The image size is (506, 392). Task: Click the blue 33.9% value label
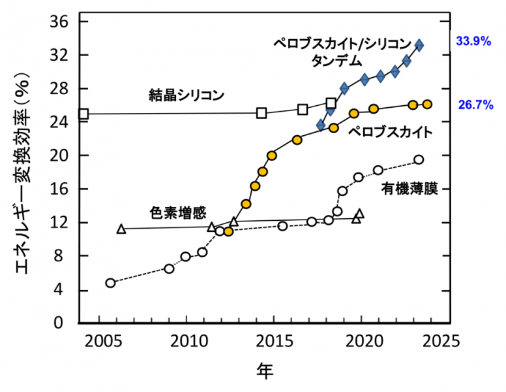(473, 41)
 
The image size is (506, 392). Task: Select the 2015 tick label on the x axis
(275, 342)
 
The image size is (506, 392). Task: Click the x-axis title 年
(264, 372)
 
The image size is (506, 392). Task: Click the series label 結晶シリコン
(186, 95)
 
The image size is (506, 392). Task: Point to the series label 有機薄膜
(408, 189)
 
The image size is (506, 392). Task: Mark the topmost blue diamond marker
(419, 45)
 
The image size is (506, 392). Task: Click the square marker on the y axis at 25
(83, 114)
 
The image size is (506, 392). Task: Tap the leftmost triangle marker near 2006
(121, 229)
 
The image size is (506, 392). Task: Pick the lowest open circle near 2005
(110, 283)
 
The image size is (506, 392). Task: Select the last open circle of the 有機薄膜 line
(419, 159)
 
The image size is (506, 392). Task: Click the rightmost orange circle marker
(427, 105)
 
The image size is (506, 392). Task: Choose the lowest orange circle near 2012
(228, 231)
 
